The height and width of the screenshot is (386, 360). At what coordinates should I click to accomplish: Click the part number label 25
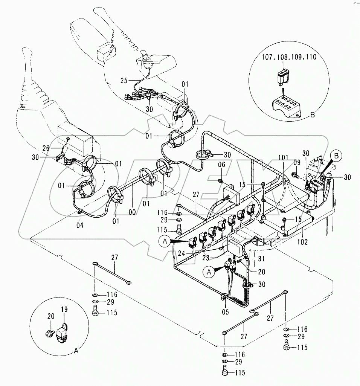(x=124, y=80)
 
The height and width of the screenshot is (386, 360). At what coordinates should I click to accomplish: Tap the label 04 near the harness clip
(x=80, y=225)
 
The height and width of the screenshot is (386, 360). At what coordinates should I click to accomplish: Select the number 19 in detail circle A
(x=64, y=310)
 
